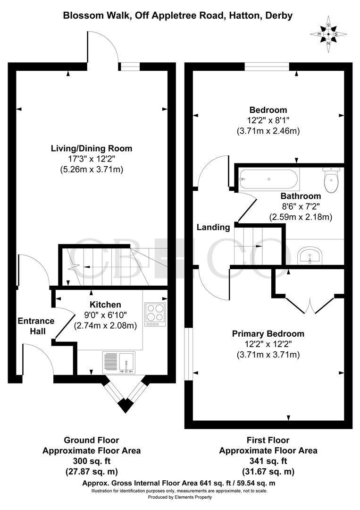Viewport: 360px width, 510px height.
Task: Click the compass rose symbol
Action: (x=328, y=34)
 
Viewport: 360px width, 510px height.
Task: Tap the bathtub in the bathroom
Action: (x=268, y=179)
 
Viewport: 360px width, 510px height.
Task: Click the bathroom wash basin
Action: (x=310, y=255)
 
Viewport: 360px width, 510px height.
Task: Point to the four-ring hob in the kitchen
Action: (x=155, y=314)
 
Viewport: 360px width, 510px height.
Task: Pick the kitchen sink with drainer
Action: (x=118, y=362)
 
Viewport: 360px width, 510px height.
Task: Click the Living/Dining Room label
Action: (x=92, y=149)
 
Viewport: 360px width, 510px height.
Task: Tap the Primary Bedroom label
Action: (x=268, y=334)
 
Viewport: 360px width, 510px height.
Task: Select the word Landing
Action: (x=213, y=227)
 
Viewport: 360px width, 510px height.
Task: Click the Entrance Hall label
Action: (x=36, y=326)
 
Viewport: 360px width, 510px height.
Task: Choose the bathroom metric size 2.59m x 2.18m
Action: (x=301, y=217)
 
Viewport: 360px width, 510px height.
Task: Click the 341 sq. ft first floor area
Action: (x=268, y=461)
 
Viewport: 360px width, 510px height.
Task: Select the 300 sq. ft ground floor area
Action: (x=92, y=461)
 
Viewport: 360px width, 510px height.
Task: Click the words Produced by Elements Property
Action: (x=180, y=497)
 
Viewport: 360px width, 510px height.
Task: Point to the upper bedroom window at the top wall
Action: (x=267, y=67)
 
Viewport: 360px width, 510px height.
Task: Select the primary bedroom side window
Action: (x=188, y=354)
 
